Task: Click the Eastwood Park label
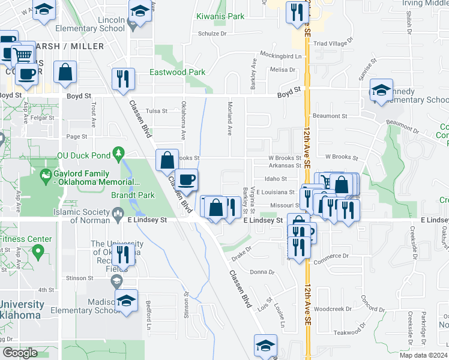coord(178,73)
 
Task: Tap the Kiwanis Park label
coord(221,17)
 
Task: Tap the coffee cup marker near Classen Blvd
coord(187,180)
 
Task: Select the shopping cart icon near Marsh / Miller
coord(23,55)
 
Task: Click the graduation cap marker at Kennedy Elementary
coord(381,91)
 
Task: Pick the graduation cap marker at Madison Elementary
coord(127,301)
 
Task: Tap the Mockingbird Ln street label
coord(285,56)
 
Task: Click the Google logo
coord(20,352)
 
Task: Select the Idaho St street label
coord(277,179)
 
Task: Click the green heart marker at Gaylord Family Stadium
coord(44,176)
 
